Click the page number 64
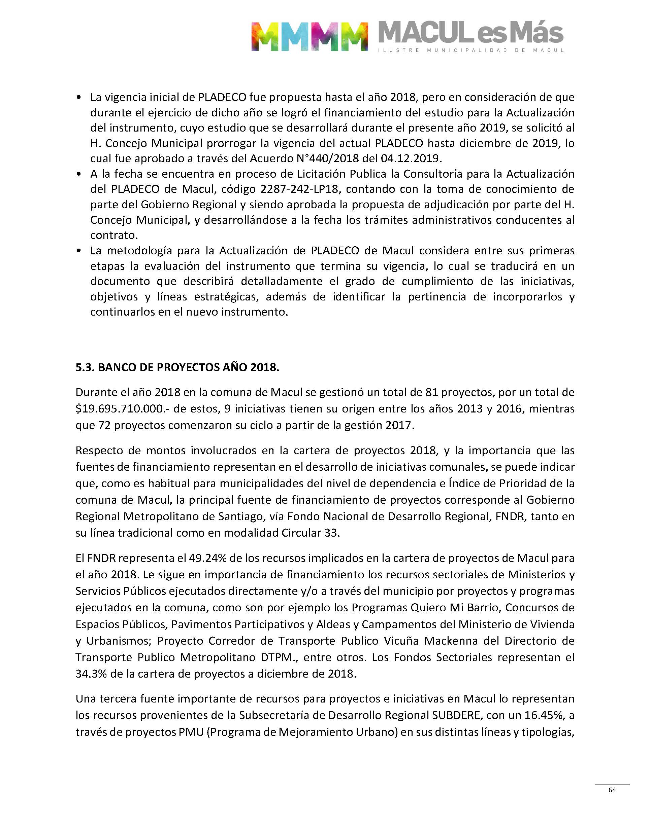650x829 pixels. pyautogui.click(x=612, y=790)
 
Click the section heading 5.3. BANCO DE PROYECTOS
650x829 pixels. pyautogui.click(x=177, y=367)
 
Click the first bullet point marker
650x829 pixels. pyautogui.click(x=79, y=98)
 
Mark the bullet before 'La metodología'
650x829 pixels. pyautogui.click(x=79, y=251)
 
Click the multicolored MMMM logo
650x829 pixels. pyautogui.click(x=310, y=36)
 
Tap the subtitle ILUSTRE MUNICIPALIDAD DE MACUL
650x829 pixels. pyautogui.click(x=471, y=50)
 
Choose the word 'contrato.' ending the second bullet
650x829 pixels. pyautogui.click(x=114, y=235)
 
